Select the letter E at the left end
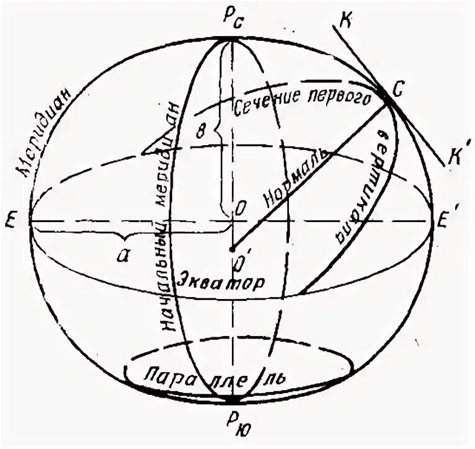click(x=11, y=221)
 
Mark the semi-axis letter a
click(x=123, y=255)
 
